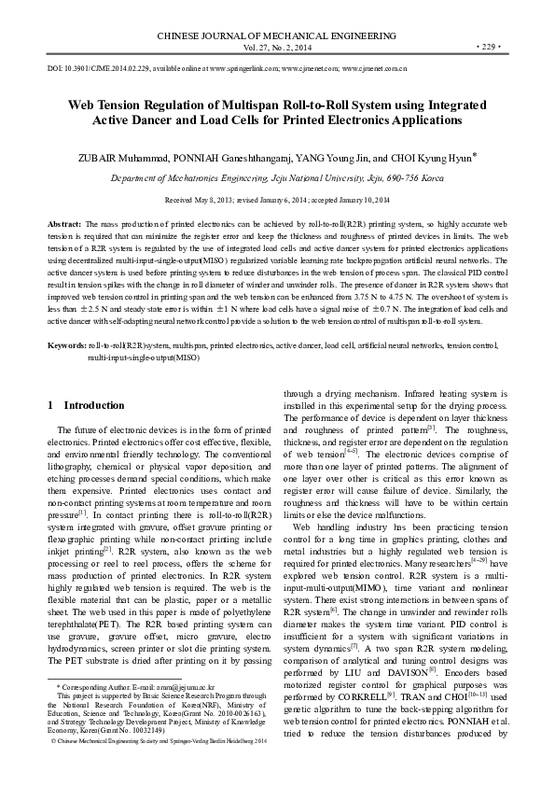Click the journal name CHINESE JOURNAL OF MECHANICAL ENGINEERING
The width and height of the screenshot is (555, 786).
point(277,33)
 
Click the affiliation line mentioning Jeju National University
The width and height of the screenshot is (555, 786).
point(277,175)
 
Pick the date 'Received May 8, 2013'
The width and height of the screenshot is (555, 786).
point(199,201)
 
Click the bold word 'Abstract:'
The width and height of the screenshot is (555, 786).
point(64,226)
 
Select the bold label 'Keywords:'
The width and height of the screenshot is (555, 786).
point(67,319)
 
